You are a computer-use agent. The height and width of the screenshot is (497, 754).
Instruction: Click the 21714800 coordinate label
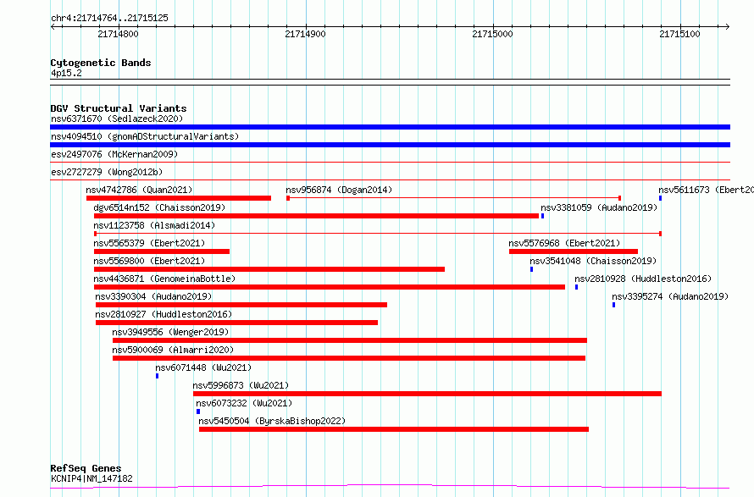tap(118, 34)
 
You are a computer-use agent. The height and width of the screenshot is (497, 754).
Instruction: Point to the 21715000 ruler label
tap(492, 34)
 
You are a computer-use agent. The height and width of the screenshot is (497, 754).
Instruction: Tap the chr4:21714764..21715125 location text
tap(109, 19)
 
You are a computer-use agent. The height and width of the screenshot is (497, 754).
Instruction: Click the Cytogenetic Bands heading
tap(101, 63)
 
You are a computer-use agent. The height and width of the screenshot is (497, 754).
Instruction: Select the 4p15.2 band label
tap(66, 73)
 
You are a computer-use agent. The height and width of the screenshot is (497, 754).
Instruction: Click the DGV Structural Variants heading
tap(119, 108)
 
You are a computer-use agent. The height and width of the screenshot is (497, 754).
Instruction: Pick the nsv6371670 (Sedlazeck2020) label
tap(117, 119)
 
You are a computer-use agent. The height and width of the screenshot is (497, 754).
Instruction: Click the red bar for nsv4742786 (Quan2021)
tap(179, 198)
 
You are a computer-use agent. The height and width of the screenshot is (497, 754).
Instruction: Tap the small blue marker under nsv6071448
tap(158, 376)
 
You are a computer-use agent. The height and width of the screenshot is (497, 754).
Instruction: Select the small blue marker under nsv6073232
tap(198, 411)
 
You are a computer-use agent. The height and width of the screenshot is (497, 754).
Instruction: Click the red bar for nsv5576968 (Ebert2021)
tap(574, 251)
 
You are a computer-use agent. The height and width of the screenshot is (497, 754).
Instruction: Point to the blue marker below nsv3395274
tap(613, 305)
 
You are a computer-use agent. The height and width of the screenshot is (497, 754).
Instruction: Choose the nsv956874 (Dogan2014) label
tap(339, 190)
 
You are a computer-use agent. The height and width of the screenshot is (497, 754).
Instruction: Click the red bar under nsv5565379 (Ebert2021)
tap(162, 251)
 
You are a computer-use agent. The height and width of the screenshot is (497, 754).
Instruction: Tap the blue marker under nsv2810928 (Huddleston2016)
tap(577, 287)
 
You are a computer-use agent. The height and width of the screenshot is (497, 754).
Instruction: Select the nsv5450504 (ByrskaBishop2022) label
tap(272, 421)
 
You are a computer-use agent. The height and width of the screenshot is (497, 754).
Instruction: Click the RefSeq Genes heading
tap(86, 468)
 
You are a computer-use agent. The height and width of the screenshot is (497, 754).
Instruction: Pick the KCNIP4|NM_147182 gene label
tap(91, 478)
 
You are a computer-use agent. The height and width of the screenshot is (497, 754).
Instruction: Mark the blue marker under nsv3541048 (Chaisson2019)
tap(532, 269)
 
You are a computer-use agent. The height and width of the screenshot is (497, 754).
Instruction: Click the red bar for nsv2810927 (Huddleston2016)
tap(236, 323)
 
